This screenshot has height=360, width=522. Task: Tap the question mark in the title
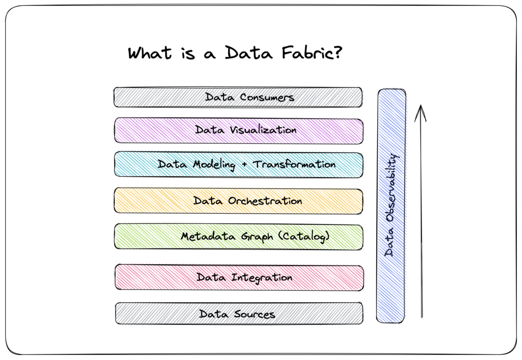[x=337, y=53]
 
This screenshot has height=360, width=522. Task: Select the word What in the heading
[x=150, y=53]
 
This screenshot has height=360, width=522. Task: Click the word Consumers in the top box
[x=267, y=97]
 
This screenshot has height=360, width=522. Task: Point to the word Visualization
[x=263, y=130]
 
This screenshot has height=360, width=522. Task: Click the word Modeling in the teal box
[x=215, y=165]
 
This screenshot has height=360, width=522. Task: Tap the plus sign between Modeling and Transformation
[x=245, y=165]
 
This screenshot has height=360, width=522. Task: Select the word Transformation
[x=294, y=164]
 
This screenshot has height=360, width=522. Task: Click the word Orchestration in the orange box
[x=265, y=201]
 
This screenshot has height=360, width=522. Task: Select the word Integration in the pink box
[x=262, y=278]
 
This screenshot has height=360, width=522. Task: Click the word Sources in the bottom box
[x=254, y=314]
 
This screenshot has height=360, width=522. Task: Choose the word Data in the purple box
[x=210, y=130]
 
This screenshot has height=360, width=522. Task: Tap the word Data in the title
[x=249, y=53]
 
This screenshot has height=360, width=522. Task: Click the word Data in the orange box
[x=208, y=201]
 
